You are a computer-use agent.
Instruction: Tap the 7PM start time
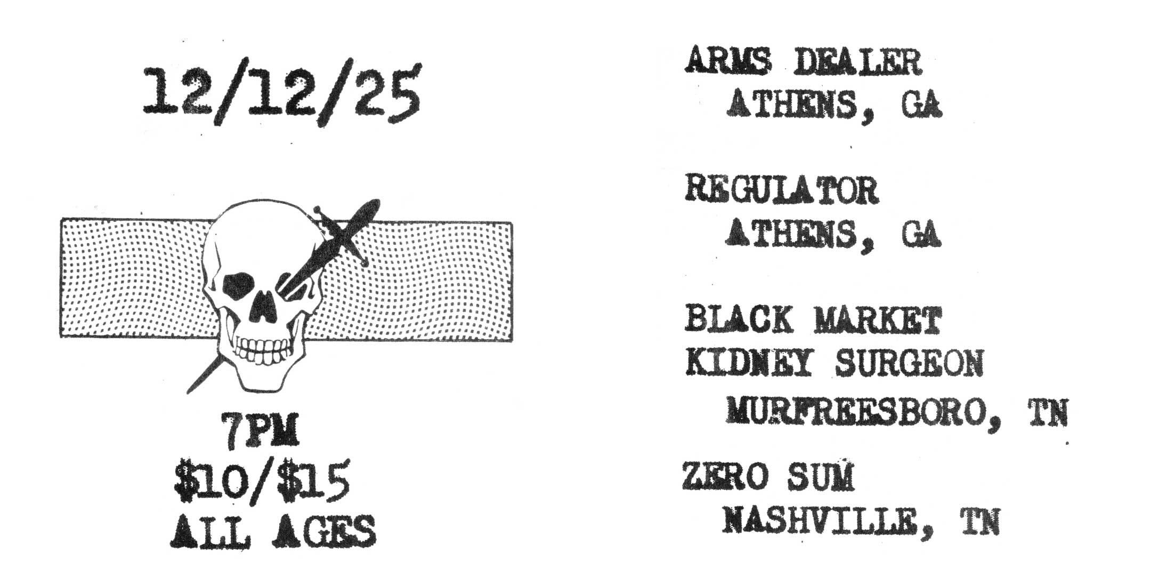point(261,434)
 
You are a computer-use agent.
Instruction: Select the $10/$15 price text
point(261,483)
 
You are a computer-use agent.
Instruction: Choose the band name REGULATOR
point(781,190)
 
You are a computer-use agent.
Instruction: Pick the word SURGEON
point(909,363)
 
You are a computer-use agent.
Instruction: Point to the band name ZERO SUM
point(768,477)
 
